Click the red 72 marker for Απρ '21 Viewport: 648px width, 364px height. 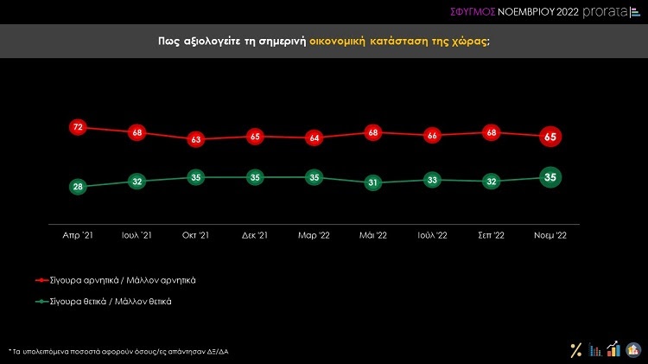[x=77, y=127]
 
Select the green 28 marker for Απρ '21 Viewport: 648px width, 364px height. [x=77, y=187]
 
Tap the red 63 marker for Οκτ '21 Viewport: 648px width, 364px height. [x=195, y=139]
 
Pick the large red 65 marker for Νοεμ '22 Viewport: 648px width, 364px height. [x=549, y=136]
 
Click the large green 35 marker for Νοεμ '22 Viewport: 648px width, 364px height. [x=549, y=177]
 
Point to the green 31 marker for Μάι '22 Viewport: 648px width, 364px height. [x=372, y=182]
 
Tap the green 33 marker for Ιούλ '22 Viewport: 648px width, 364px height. [x=431, y=179]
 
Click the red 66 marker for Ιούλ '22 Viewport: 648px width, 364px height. [x=431, y=135]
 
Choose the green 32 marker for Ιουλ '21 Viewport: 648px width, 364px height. [x=137, y=182]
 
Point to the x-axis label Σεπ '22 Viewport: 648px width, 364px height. [x=490, y=234]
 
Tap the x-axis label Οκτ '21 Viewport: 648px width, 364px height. [x=195, y=234]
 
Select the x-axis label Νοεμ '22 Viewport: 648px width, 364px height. [x=549, y=234]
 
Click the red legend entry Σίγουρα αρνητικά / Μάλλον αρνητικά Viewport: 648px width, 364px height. [x=124, y=280]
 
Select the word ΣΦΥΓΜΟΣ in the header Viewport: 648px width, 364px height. [x=473, y=11]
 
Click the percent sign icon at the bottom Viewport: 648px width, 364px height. [x=575, y=349]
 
